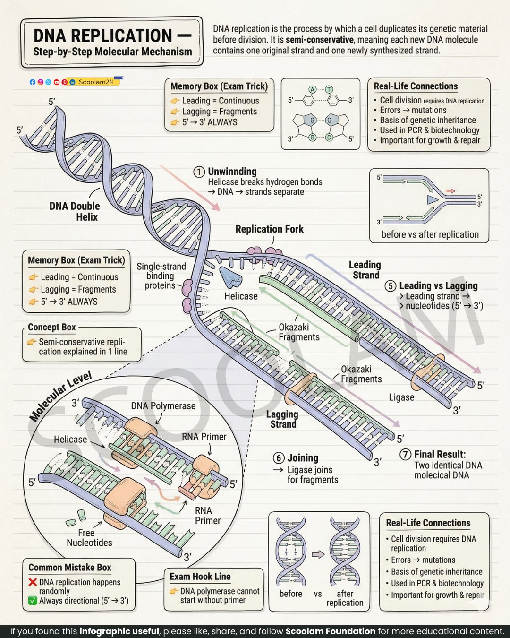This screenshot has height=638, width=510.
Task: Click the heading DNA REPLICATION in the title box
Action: tap(103, 36)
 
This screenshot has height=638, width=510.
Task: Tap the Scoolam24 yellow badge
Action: tap(95, 82)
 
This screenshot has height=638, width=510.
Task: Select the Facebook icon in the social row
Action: tap(33, 82)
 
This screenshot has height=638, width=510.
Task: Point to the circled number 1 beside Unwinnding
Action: tap(199, 172)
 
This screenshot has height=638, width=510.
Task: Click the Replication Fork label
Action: tap(269, 229)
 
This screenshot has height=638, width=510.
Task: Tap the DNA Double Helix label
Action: tap(75, 211)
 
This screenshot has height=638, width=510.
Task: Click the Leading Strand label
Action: tap(365, 270)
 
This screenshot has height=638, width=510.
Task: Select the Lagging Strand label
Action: tap(282, 419)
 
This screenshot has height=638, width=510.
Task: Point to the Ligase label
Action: tap(401, 397)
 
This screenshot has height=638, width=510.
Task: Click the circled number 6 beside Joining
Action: tap(279, 458)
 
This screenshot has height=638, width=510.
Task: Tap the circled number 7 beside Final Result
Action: tap(405, 454)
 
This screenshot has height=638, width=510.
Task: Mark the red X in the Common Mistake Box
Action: tap(33, 582)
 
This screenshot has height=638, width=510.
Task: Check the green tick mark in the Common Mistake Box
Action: tap(33, 601)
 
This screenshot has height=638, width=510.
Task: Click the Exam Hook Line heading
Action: tap(200, 577)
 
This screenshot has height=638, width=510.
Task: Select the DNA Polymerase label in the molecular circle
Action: tap(163, 406)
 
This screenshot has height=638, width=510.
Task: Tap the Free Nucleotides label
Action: tap(89, 537)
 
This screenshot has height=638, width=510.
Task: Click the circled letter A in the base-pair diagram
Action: tap(313, 89)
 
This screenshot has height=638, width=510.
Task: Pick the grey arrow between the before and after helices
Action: tap(318, 554)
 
